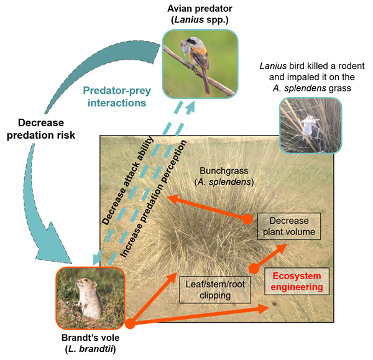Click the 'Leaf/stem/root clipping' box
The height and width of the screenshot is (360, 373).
213,290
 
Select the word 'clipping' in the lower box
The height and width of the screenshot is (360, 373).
213,296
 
